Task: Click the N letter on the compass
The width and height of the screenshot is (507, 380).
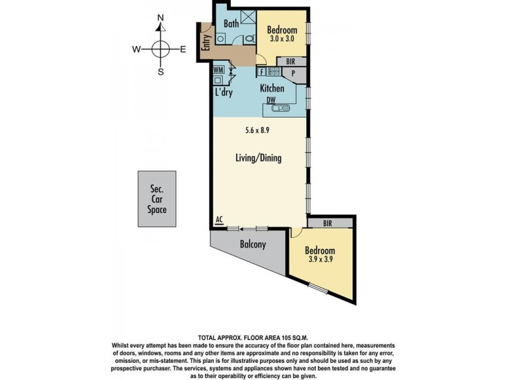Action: [x=161, y=18]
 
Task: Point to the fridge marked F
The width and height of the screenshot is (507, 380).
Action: [x=261, y=72]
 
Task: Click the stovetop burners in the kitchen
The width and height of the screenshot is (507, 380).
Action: [x=273, y=72]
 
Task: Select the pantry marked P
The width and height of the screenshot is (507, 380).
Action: [x=293, y=73]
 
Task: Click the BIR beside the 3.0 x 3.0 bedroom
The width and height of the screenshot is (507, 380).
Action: [x=290, y=61]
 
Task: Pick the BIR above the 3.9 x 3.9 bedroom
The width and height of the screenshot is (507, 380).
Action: [x=328, y=222]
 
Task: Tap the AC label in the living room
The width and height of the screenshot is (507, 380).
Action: [x=219, y=220]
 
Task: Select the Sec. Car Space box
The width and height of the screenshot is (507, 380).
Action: [x=157, y=199]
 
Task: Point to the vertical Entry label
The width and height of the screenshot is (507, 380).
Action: [x=206, y=42]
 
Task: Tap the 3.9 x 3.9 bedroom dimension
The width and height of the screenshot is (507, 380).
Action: [x=320, y=259]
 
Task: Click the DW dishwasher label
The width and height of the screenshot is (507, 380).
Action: [x=271, y=99]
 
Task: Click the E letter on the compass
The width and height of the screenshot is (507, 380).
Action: [x=183, y=49]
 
